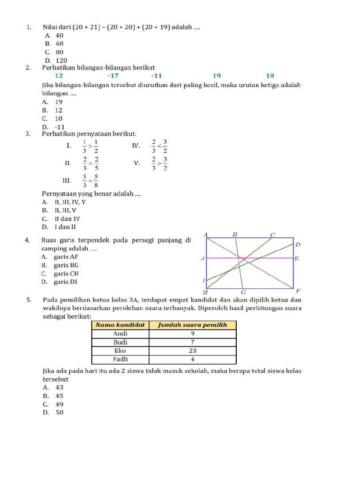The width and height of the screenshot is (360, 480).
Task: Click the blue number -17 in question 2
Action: point(113,76)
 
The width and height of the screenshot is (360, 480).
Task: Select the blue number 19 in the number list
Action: point(217,76)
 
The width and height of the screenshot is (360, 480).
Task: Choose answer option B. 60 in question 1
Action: point(54,44)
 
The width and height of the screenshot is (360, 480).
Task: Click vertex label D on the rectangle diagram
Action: point(298,245)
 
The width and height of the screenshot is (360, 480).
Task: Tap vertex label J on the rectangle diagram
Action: point(202,258)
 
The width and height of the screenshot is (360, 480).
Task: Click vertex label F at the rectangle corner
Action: point(298,291)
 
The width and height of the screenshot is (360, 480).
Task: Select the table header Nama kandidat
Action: point(120,325)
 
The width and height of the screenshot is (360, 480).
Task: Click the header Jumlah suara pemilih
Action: point(192,325)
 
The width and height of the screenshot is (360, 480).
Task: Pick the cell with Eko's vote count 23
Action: point(192,351)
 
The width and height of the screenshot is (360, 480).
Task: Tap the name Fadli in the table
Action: point(120,360)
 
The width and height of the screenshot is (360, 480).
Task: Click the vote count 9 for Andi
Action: point(192,334)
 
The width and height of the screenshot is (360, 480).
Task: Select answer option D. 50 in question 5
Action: point(53,413)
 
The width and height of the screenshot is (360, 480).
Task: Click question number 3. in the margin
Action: point(29,134)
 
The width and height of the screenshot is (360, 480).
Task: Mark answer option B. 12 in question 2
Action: point(52,110)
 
